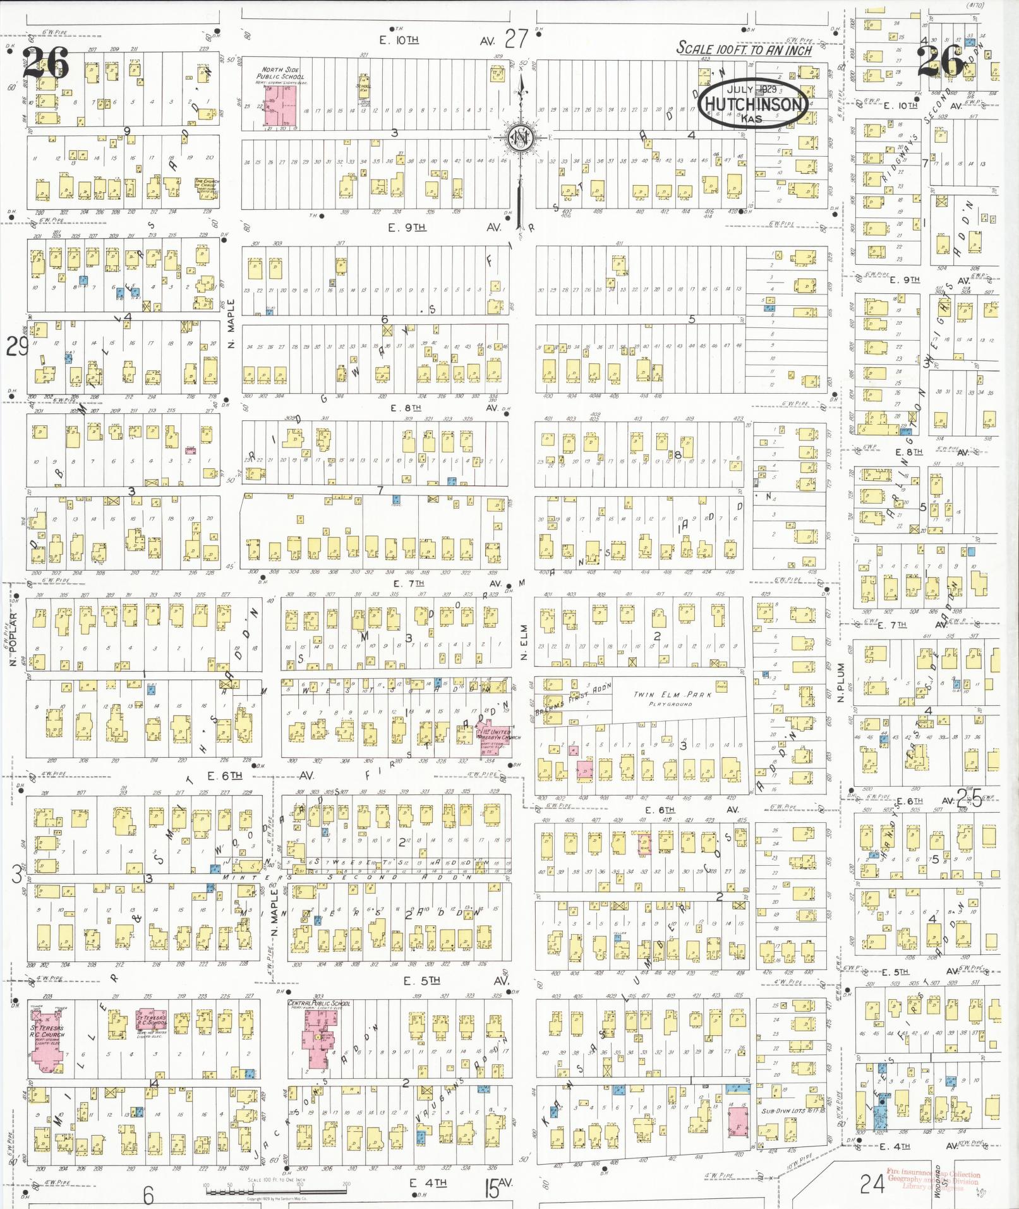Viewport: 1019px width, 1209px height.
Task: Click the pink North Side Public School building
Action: click(280, 106)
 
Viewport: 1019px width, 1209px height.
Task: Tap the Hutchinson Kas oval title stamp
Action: click(753, 104)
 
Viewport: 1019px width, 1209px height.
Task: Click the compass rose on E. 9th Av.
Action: click(522, 138)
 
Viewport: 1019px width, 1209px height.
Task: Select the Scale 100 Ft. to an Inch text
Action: click(744, 49)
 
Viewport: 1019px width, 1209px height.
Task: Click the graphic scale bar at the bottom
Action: click(277, 1190)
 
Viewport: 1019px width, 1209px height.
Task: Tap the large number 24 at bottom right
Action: click(872, 1183)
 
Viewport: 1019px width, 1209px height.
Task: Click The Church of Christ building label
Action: click(207, 184)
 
